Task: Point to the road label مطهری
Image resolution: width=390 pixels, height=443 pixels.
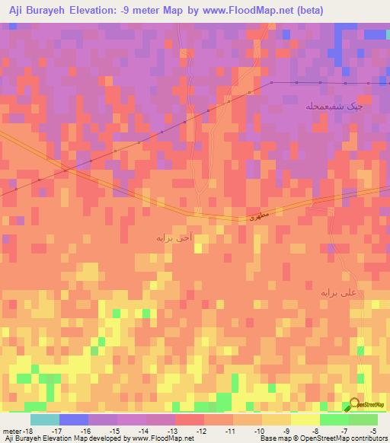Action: [x=259, y=218]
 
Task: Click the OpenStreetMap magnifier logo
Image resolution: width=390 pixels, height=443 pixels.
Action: [x=355, y=404]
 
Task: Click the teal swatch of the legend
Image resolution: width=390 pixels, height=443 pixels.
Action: [x=45, y=419]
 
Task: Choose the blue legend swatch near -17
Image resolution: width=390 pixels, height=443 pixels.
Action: [x=74, y=419]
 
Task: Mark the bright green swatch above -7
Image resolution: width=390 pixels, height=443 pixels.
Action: [x=334, y=419]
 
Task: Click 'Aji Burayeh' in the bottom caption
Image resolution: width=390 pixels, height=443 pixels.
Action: [x=24, y=438]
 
